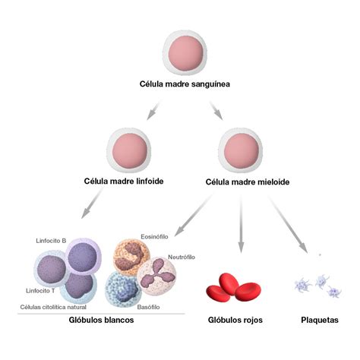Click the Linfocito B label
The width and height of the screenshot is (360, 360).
[51, 240]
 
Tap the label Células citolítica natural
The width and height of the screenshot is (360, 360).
[53, 307]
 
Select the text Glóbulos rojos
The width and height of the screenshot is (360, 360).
[235, 321]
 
